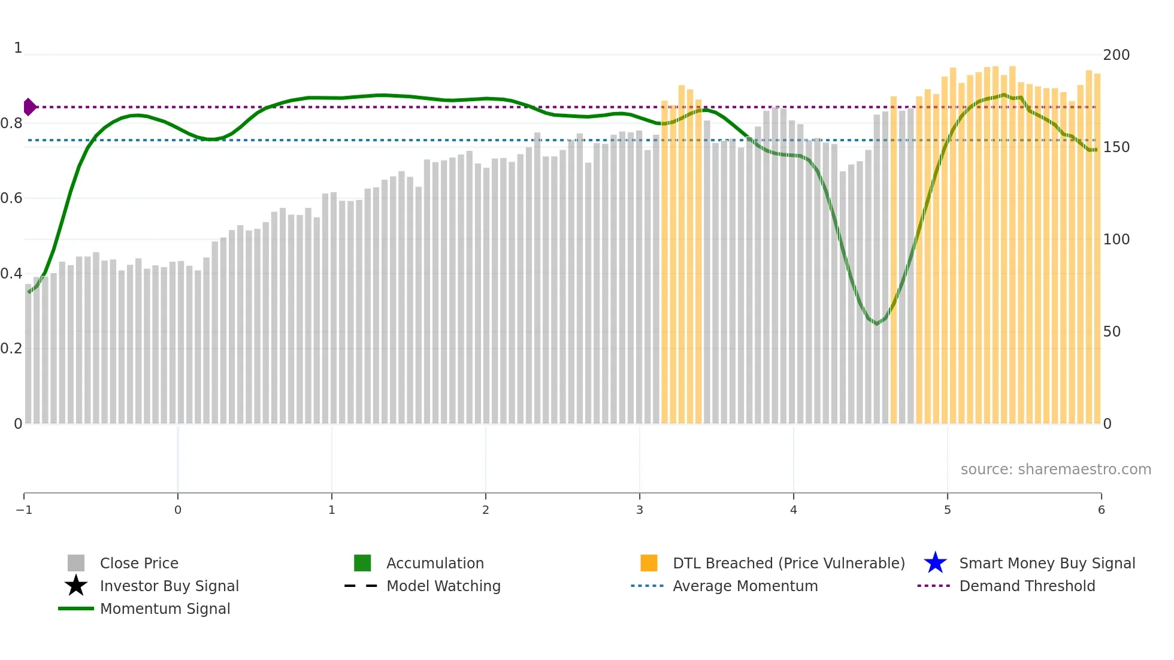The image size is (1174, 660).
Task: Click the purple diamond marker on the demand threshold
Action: (x=29, y=107)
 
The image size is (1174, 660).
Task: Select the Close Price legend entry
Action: (x=138, y=563)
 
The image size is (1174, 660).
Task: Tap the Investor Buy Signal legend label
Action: (x=169, y=586)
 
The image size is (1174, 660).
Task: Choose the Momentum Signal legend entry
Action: (x=165, y=608)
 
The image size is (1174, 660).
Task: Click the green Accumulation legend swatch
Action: (x=362, y=563)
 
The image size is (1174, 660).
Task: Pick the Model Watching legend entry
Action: (x=443, y=586)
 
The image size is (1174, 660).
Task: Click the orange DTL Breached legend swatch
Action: (x=649, y=563)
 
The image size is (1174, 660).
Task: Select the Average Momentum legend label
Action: (x=745, y=586)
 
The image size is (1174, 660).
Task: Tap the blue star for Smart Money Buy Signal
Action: (x=935, y=563)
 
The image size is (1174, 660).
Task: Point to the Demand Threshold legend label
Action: (x=1027, y=586)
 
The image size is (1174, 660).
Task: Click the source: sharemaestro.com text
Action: (x=1055, y=470)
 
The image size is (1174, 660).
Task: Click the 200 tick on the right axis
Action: (x=1116, y=55)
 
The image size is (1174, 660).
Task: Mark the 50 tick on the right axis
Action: (x=1112, y=332)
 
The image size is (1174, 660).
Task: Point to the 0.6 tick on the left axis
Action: (x=11, y=198)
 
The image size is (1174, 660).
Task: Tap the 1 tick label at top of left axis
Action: (x=18, y=48)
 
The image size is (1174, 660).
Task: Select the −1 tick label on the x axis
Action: (x=24, y=510)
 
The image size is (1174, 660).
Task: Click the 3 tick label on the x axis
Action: (x=640, y=510)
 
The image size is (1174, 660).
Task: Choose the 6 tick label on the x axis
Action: (x=1101, y=510)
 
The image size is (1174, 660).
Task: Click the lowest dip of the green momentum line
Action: (x=877, y=324)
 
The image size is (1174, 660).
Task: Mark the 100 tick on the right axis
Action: (x=1116, y=240)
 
